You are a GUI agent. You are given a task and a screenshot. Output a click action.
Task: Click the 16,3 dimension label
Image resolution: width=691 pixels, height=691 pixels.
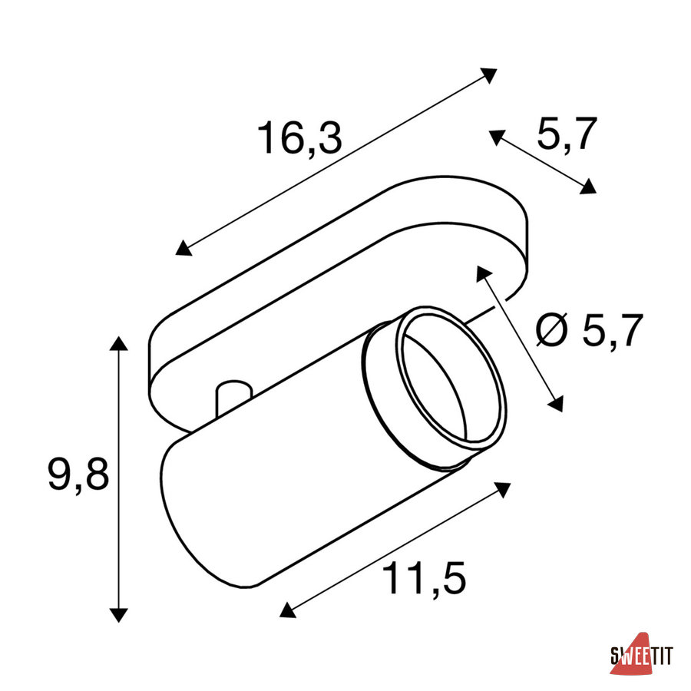point(299,138)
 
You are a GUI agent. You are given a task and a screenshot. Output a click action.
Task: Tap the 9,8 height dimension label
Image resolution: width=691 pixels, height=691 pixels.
point(78,474)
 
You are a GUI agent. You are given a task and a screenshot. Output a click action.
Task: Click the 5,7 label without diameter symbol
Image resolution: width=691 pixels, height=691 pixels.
point(567,134)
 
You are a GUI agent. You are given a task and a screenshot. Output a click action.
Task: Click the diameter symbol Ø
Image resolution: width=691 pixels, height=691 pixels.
point(552,330)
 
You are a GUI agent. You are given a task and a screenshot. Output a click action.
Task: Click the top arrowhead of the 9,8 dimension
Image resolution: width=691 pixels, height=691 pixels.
point(118,343)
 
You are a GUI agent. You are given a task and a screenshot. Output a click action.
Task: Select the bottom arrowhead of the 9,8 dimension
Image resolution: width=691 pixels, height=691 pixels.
point(118,615)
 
